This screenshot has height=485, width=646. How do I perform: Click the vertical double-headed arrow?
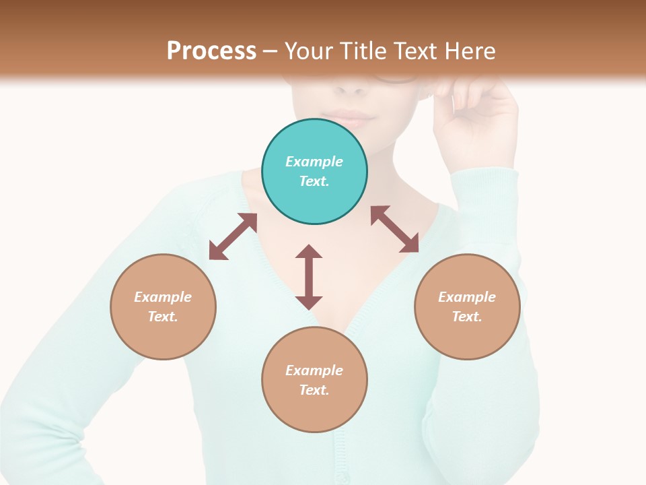[x=309, y=277]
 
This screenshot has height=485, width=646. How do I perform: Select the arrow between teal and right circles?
[x=394, y=229]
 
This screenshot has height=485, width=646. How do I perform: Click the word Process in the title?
[x=211, y=51]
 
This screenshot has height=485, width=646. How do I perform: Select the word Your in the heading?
[x=309, y=51]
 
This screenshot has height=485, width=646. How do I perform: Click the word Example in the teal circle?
[x=314, y=162]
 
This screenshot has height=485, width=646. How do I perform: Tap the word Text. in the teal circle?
[x=314, y=181]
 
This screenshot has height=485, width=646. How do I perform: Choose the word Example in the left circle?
[x=163, y=297]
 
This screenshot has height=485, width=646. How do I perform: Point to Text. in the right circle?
[x=467, y=317]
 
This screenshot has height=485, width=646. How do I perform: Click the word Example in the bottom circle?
[x=314, y=370]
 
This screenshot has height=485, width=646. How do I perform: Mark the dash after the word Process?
[x=271, y=51]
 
